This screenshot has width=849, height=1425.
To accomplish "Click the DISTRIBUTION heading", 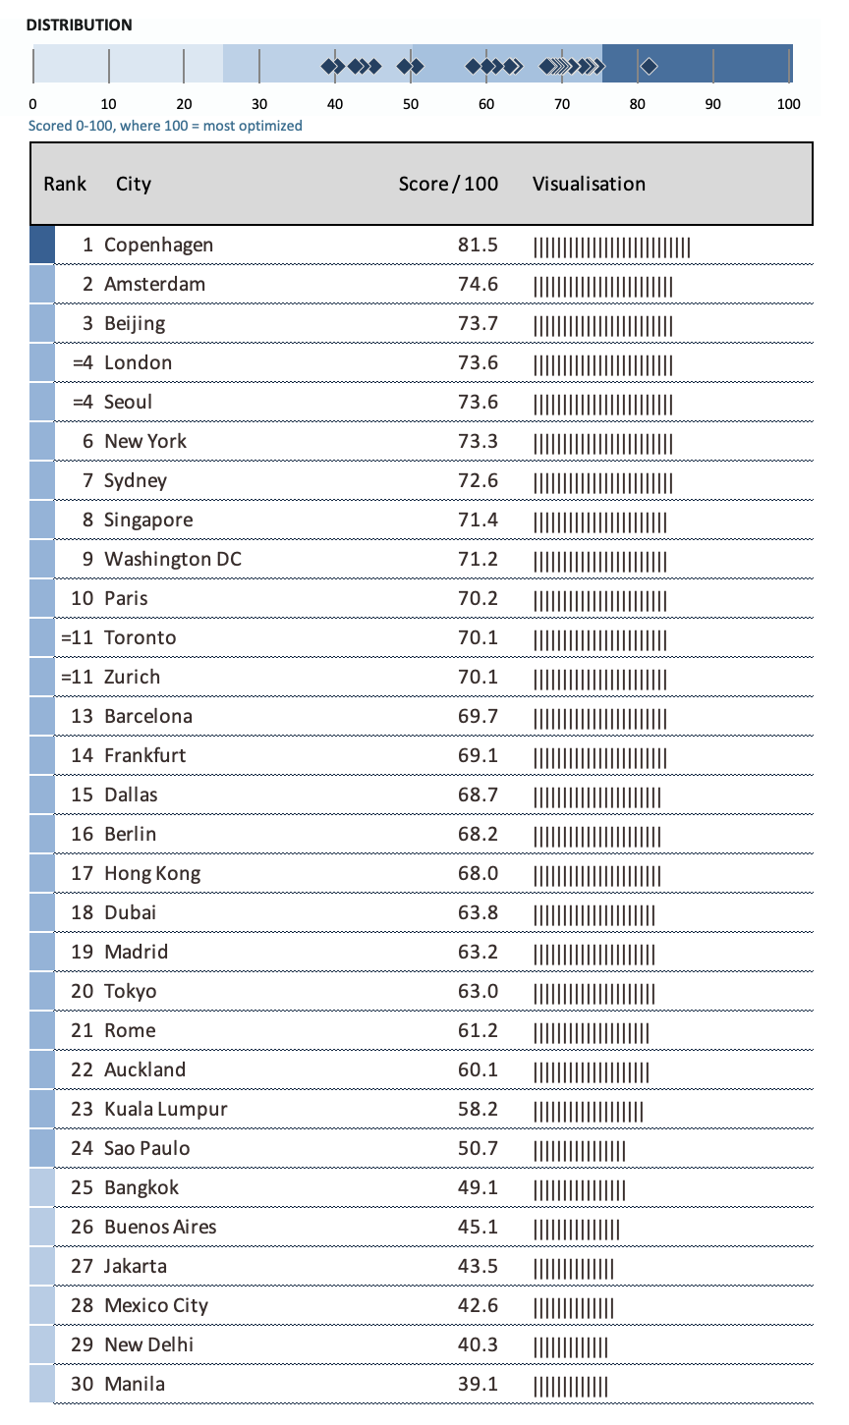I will [x=79, y=26].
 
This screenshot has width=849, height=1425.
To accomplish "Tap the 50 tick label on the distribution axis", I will [x=411, y=105].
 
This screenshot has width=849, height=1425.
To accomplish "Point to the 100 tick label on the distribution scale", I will [x=788, y=105].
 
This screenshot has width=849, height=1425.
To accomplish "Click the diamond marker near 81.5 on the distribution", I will [x=649, y=67].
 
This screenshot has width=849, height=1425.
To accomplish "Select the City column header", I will [x=134, y=184].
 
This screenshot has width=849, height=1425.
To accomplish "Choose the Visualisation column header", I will [x=589, y=184].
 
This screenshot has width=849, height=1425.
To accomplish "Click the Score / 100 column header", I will [x=448, y=184].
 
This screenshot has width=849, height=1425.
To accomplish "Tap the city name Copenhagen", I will [x=158, y=245].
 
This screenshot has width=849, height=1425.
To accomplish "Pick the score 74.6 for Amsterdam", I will [x=478, y=284].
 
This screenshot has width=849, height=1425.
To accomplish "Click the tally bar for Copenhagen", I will [x=611, y=246].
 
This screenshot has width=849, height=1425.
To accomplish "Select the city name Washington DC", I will [x=173, y=559].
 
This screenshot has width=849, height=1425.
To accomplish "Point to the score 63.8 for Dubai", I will [x=478, y=912].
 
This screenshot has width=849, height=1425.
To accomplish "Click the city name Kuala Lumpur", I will [x=165, y=1109].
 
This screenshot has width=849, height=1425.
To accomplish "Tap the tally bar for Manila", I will [x=570, y=1385].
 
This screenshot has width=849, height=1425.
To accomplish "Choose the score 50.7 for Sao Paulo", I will [x=478, y=1148].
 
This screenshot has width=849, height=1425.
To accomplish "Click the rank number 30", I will [x=83, y=1384].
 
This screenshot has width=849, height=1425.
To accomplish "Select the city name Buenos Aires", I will [x=160, y=1227].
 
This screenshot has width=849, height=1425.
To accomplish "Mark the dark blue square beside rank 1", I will [x=42, y=245].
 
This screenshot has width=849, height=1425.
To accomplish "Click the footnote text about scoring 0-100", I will [x=165, y=126].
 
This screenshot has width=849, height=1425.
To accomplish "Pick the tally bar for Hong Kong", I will [x=596, y=874].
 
